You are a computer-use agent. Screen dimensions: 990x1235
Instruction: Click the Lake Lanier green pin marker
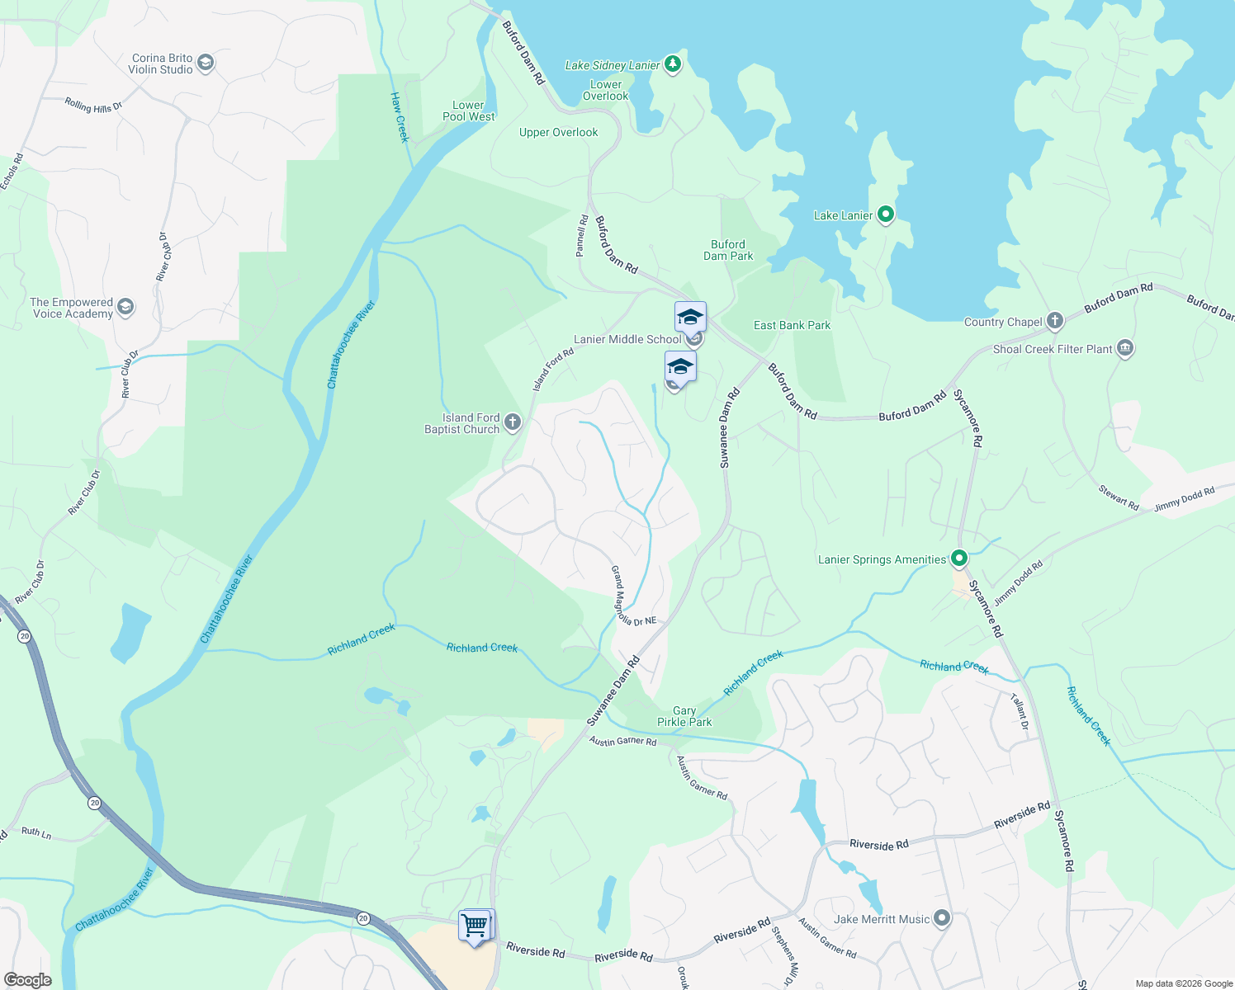pos(886,215)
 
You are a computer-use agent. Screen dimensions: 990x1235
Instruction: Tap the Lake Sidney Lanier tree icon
pos(673,64)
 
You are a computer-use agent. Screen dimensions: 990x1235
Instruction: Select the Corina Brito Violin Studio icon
pos(206,63)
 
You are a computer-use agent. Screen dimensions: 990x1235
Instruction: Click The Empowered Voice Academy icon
pos(125,308)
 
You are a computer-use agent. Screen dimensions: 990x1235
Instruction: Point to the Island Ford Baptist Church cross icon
pos(513,423)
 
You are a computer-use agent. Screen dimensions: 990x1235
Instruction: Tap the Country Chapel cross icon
pos(1054,321)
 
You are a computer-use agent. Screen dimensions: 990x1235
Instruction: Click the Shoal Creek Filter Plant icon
pos(1124,349)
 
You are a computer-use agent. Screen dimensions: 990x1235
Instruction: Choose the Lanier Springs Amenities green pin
pos(958,559)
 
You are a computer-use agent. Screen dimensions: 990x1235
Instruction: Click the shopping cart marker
pos(476,926)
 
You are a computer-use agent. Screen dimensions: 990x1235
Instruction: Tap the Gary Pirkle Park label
pos(684,716)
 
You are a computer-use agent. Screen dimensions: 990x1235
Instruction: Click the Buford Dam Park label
pos(728,250)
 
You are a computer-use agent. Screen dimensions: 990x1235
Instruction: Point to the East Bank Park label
pos(792,325)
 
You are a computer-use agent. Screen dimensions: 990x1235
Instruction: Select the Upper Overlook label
pos(558,132)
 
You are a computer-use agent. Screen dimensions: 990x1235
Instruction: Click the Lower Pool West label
pos(468,111)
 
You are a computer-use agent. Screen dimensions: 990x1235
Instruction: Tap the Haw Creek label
pos(400,117)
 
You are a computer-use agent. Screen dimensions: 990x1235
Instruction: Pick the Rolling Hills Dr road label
pos(93,106)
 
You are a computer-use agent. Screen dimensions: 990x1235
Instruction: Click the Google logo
pos(28,980)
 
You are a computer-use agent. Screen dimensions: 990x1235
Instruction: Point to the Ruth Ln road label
pos(36,832)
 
